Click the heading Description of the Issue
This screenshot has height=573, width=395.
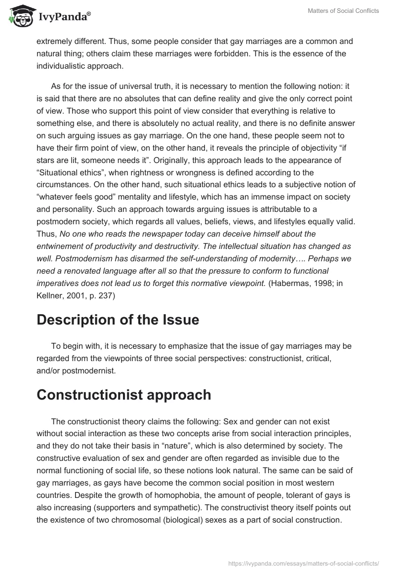click(x=118, y=320)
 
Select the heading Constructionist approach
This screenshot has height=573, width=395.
click(x=124, y=395)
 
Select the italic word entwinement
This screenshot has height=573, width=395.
click(x=59, y=246)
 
